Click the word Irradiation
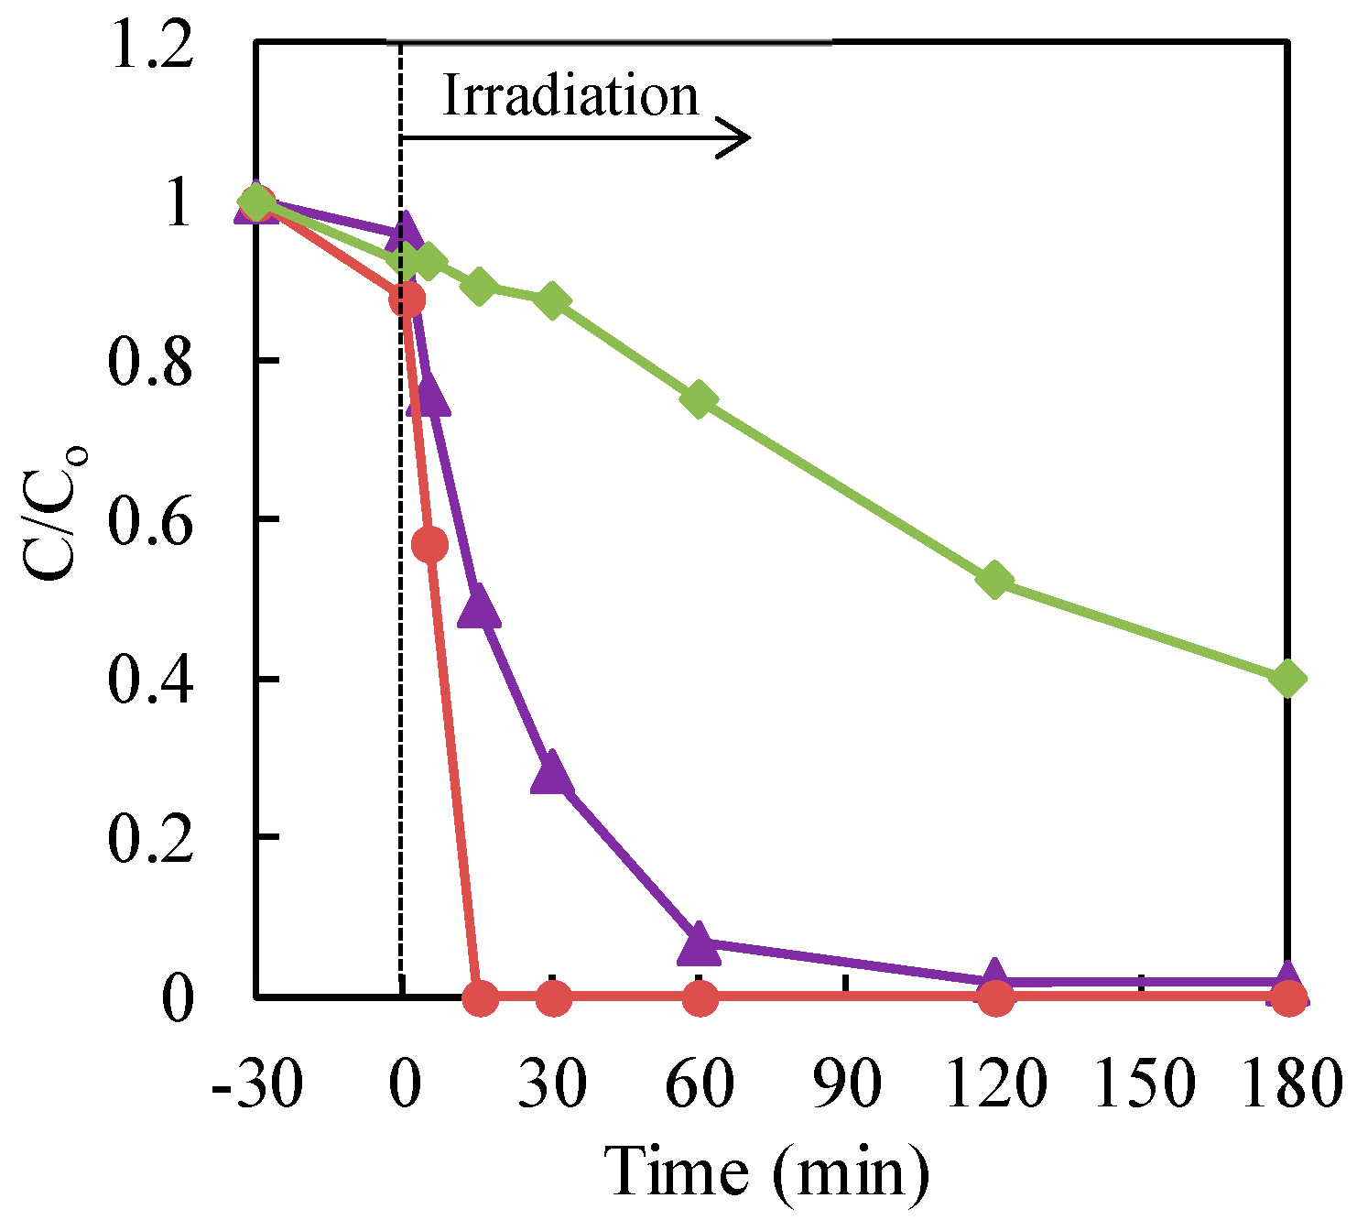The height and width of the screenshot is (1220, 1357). [570, 96]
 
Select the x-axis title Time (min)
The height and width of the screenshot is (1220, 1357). [767, 1171]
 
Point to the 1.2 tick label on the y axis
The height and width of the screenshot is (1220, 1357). [152, 46]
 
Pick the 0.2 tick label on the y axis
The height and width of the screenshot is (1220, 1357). [152, 837]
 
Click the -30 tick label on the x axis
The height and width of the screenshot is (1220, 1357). [256, 1084]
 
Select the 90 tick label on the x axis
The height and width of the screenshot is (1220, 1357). [847, 1084]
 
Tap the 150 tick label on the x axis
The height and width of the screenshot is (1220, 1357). [1144, 1084]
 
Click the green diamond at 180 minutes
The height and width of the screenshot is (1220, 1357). [1287, 679]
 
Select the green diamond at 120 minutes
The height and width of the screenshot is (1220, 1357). [994, 580]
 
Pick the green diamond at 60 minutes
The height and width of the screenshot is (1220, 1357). [699, 399]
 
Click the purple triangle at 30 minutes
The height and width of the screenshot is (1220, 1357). [552, 775]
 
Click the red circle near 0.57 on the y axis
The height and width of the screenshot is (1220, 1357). [430, 545]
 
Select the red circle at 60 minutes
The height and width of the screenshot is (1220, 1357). [699, 997]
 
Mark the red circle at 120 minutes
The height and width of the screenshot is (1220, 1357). [995, 997]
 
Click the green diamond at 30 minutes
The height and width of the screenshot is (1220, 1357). [552, 300]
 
